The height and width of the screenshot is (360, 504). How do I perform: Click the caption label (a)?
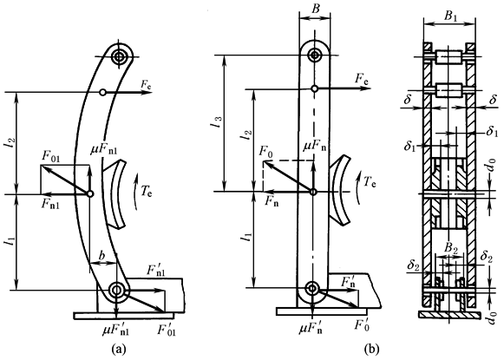[118, 349]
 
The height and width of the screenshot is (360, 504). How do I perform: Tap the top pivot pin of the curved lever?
[120, 56]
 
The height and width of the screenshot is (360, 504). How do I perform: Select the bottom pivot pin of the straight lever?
[312, 288]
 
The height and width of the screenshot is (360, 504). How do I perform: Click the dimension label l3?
[219, 123]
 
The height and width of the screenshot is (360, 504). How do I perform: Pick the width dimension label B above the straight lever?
[316, 9]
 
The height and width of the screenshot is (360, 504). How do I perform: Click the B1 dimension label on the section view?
[451, 17]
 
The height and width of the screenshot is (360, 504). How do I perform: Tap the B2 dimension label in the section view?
[451, 247]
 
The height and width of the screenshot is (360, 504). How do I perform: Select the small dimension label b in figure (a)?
[101, 256]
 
